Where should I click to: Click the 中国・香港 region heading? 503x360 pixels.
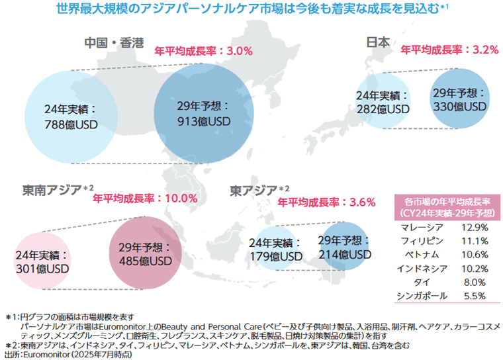(114, 44)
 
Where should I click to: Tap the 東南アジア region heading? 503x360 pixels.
(52, 191)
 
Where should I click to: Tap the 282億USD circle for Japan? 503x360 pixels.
(383, 102)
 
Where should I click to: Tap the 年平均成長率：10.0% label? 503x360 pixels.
(145, 198)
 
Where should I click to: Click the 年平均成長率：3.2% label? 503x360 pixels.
(449, 50)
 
